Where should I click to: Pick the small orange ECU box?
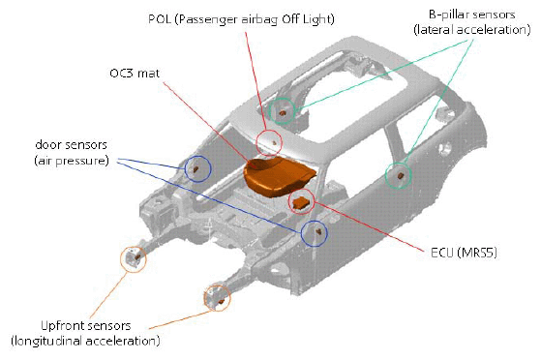(302, 200)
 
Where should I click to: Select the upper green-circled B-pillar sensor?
(284, 111)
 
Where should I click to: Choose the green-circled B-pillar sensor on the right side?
(398, 175)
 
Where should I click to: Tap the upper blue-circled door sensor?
(197, 169)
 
